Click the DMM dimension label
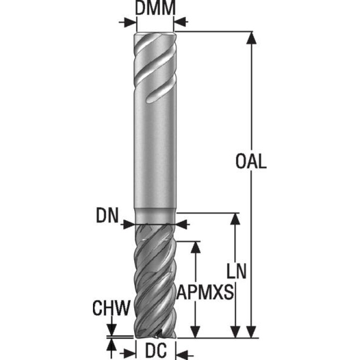155,8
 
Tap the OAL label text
251,161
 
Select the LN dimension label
237,271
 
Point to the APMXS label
205,292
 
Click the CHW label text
111,307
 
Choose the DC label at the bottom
156,351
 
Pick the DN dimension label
107,215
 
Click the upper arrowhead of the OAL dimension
252,38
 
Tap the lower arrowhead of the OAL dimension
252,332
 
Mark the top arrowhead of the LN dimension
235,219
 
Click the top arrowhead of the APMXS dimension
196,247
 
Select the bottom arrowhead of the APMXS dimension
196,332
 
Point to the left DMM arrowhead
130,22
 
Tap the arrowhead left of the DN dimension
128,224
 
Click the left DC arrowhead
129,352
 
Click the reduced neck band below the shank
155,216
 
